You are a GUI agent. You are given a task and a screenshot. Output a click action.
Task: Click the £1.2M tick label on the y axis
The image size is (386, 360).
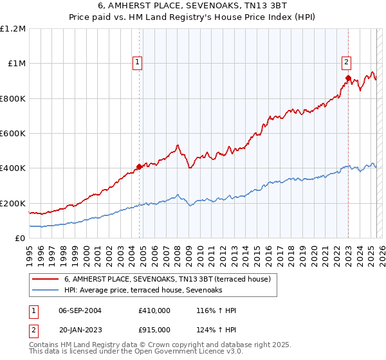click(13, 29)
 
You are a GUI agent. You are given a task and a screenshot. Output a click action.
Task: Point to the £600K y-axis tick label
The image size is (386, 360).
click(13, 134)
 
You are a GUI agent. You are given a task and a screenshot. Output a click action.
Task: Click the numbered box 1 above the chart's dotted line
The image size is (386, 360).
click(138, 62)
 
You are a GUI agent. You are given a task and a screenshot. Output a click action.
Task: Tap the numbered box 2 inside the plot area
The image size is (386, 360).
click(346, 62)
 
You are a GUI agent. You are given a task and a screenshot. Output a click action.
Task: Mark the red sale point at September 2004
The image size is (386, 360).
click(139, 167)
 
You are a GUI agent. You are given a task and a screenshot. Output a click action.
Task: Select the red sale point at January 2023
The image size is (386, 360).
click(348, 78)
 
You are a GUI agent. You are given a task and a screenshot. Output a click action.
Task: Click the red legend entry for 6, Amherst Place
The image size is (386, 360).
click(170, 279)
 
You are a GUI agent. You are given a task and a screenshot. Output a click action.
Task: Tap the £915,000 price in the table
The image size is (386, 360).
click(154, 329)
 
